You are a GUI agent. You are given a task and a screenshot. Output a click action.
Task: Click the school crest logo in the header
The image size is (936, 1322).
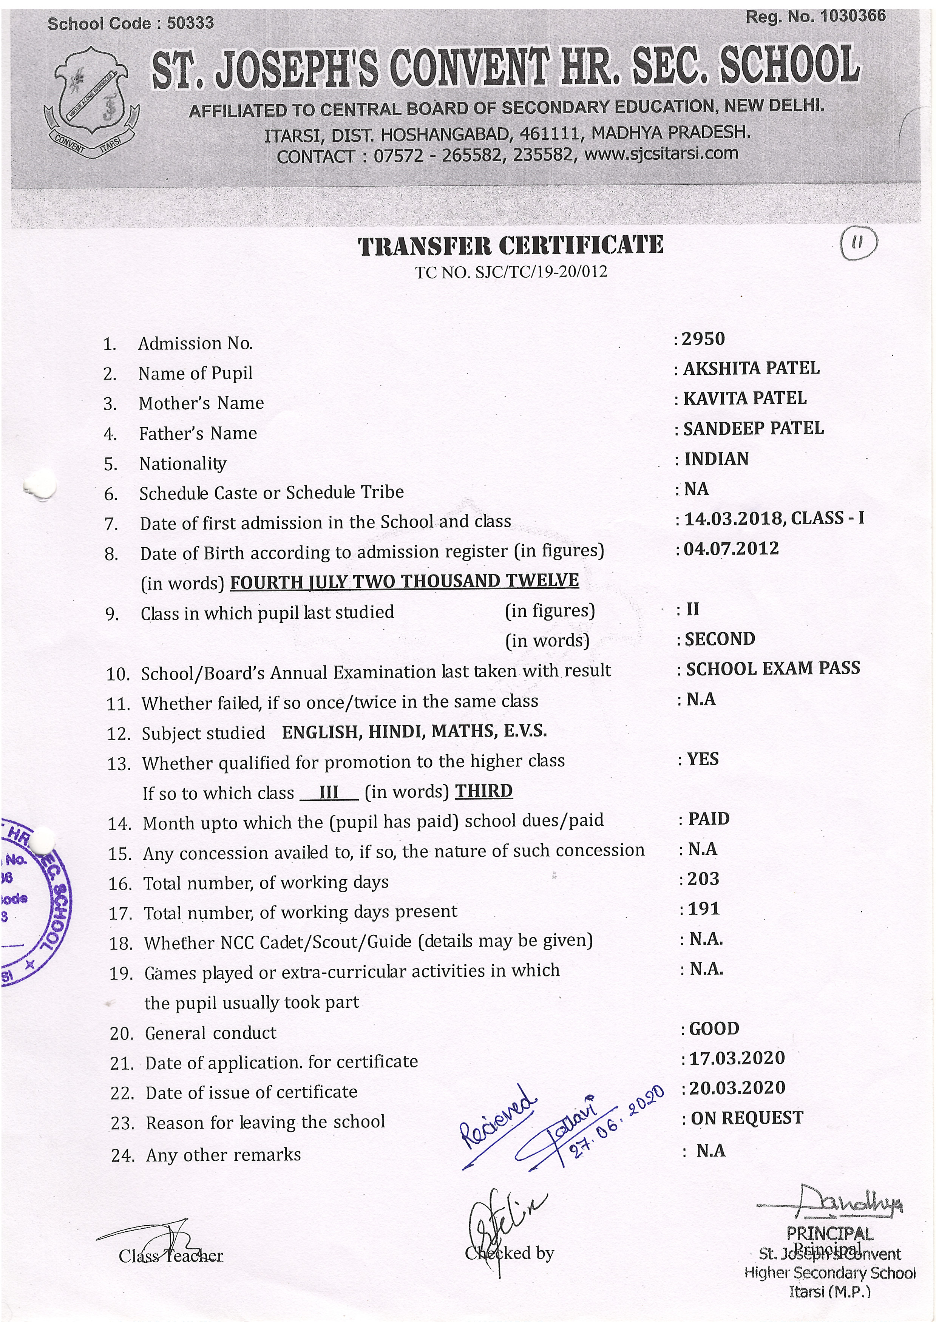click(x=91, y=102)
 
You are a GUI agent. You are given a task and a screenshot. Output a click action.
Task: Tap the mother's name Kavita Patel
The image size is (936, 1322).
click(x=744, y=399)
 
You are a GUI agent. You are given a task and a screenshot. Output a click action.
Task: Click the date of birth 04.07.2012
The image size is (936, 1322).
click(x=731, y=548)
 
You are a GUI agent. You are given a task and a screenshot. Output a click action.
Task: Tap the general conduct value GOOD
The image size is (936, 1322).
click(x=714, y=1029)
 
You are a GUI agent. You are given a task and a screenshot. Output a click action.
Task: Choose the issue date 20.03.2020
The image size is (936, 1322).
click(x=737, y=1088)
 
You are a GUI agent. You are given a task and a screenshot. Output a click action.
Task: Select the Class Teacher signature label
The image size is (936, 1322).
click(x=171, y=1256)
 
